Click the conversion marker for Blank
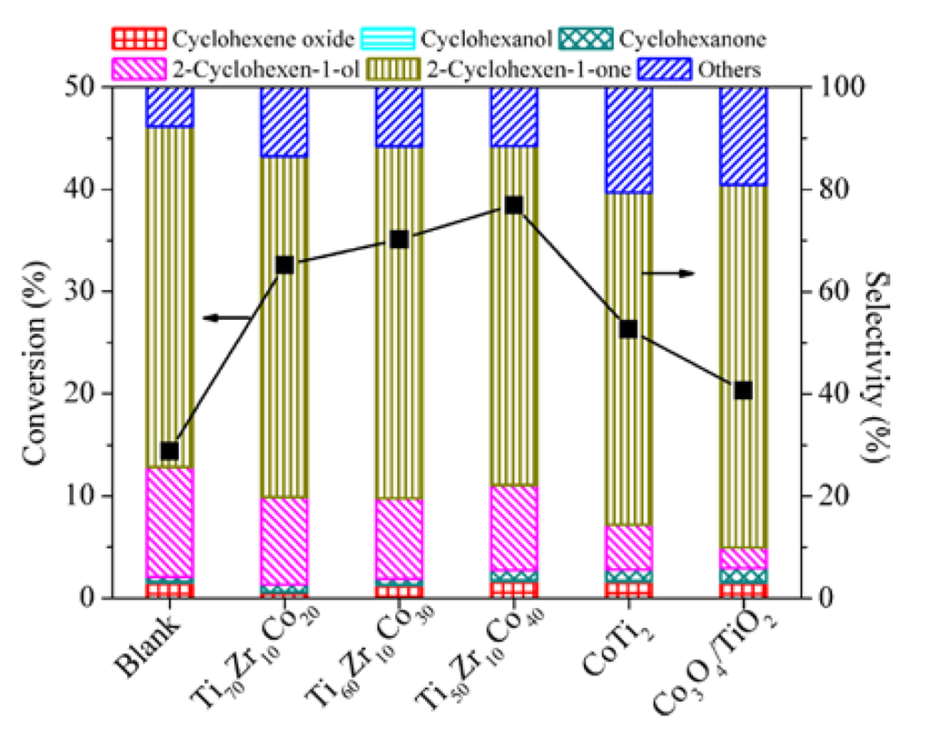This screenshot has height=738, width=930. click(x=169, y=451)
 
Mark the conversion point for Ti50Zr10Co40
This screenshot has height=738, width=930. click(x=513, y=205)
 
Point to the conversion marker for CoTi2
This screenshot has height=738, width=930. click(x=628, y=329)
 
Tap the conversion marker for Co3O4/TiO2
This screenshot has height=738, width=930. click(x=744, y=390)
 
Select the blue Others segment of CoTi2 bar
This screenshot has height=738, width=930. click(x=628, y=139)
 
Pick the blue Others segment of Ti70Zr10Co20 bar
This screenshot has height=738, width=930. click(x=284, y=122)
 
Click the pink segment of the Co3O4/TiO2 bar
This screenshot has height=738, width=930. click(x=744, y=558)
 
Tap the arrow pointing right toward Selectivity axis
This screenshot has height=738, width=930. click(x=669, y=272)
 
